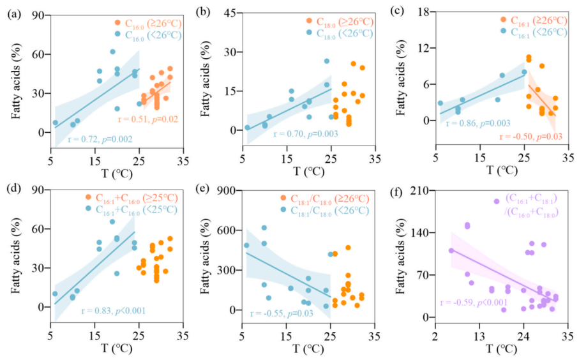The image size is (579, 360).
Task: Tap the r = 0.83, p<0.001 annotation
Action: click(114, 311)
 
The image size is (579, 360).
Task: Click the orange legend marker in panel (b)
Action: click(309, 22)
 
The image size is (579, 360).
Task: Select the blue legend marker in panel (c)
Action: click(504, 31)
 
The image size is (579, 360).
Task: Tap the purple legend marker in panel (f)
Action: click(496, 202)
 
